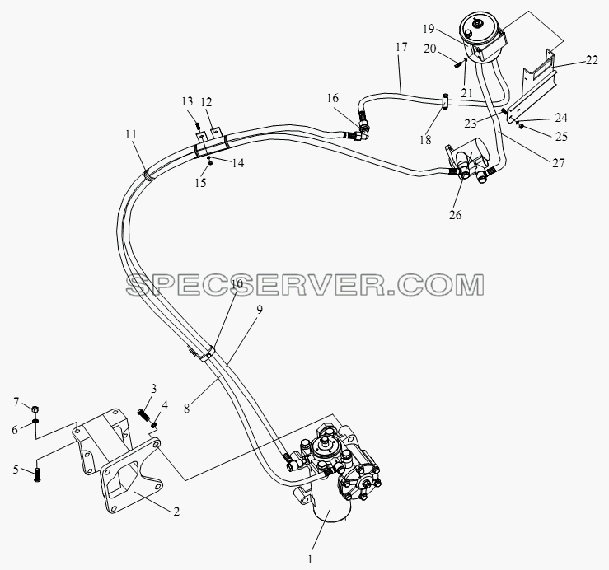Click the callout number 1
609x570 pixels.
click(x=310, y=559)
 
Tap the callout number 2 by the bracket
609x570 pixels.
click(x=176, y=512)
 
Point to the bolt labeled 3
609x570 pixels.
click(x=144, y=414)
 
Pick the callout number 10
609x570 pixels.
click(x=237, y=284)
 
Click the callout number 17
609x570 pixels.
click(x=401, y=48)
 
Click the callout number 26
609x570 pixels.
click(x=455, y=214)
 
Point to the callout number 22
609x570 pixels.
click(x=592, y=60)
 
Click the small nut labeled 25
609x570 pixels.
click(x=522, y=126)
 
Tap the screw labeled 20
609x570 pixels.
click(x=457, y=65)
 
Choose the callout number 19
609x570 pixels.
click(x=429, y=29)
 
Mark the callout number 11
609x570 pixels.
click(x=131, y=134)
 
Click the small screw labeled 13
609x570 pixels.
click(x=198, y=126)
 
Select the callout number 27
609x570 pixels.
click(x=558, y=163)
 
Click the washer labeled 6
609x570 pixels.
click(x=35, y=421)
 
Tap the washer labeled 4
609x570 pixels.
click(x=155, y=426)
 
